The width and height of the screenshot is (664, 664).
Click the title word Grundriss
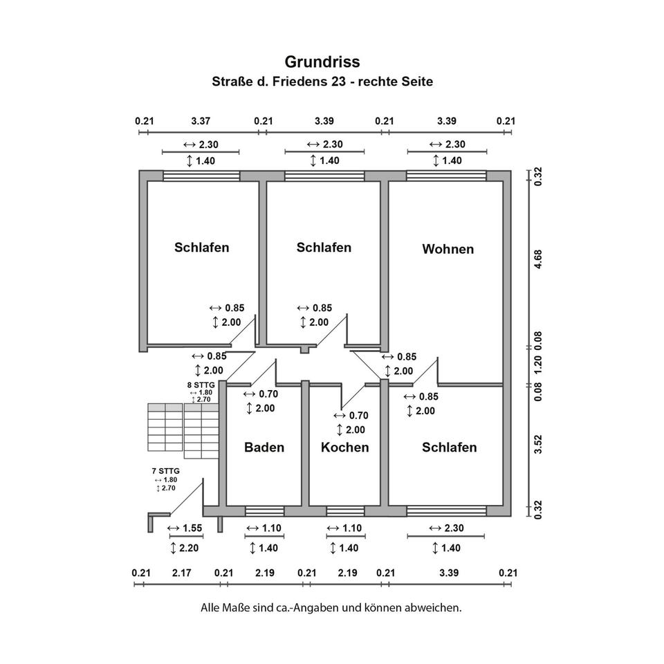coord(322,62)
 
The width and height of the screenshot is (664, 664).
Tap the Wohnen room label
coord(448,249)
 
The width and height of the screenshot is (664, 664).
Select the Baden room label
coord(264,448)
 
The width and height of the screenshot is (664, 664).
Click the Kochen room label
coord(344,448)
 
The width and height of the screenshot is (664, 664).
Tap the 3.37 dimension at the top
coord(201,121)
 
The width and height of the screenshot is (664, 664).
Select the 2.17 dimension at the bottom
coord(183,573)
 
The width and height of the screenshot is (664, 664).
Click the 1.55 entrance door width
coord(186,528)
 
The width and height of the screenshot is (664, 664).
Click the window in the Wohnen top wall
coord(446,176)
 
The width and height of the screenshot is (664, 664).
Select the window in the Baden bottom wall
coord(264,511)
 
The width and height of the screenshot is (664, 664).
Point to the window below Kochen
coord(345,511)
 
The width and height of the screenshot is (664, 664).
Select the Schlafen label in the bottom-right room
coord(449,448)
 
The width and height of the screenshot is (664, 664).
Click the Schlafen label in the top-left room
coord(201,247)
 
